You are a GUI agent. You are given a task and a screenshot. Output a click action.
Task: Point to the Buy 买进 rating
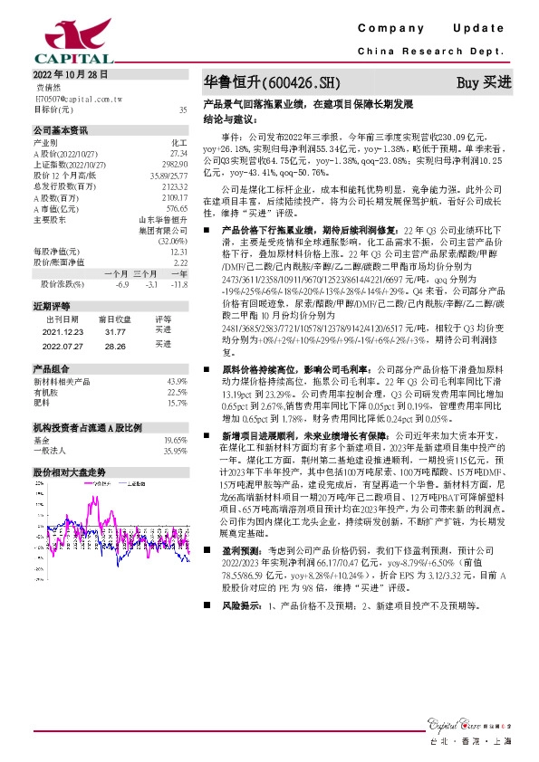[x=484, y=81]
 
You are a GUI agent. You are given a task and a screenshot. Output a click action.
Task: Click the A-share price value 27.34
[x=178, y=154]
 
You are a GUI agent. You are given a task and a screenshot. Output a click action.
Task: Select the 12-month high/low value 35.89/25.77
[x=168, y=174]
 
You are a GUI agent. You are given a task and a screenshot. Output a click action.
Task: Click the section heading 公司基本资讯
[x=61, y=129]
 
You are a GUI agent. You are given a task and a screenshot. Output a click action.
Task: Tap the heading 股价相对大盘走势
[x=69, y=472]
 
